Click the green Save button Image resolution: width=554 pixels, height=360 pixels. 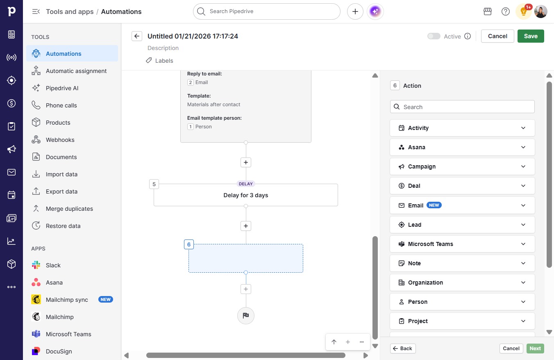click(x=531, y=36)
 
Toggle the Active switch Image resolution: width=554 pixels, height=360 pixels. click(x=434, y=36)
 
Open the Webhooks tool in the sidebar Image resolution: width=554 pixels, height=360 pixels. click(x=60, y=140)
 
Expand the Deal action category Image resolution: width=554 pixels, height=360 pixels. click(x=462, y=186)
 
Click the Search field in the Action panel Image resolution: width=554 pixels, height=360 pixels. click(x=462, y=107)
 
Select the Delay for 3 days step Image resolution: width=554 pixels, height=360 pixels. click(x=245, y=195)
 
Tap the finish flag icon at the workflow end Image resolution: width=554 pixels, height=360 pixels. click(x=245, y=315)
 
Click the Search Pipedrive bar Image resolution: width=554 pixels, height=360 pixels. click(x=266, y=11)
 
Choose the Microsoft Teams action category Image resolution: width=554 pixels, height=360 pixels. click(x=462, y=244)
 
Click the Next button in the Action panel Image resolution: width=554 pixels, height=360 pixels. click(x=535, y=349)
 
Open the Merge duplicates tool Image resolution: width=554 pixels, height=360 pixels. click(x=69, y=209)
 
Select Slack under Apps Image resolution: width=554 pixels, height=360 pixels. click(x=53, y=265)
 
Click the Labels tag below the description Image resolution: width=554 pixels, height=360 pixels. click(x=159, y=61)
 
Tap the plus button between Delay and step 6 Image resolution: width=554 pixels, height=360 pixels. click(x=245, y=226)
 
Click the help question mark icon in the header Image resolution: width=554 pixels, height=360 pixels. click(x=505, y=11)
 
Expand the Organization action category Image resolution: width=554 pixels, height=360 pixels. click(x=462, y=283)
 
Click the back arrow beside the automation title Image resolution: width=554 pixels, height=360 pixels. click(x=137, y=36)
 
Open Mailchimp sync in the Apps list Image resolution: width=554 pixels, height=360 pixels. click(x=67, y=300)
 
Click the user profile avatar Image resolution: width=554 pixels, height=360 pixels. click(x=540, y=11)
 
